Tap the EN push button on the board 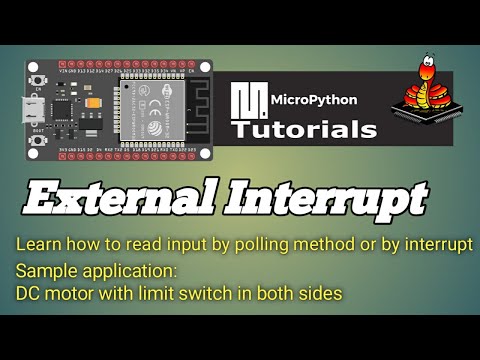coord(37,81)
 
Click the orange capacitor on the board coord(92,102)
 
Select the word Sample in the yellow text coord(40,271)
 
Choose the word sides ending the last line coord(325,293)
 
